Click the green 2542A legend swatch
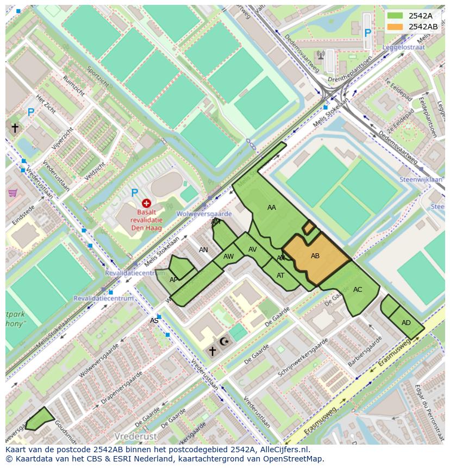[x=396, y=16]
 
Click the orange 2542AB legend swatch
[x=396, y=27]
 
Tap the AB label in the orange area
[x=315, y=256]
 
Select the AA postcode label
[x=272, y=208]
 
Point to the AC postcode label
[x=358, y=290]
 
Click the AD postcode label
[x=406, y=323]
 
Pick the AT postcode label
[x=280, y=276]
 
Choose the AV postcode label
[x=253, y=249]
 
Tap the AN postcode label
[x=203, y=250]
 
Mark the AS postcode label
[x=154, y=321]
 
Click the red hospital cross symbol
[x=146, y=203]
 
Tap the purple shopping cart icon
[x=12, y=193]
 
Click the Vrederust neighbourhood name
[x=136, y=436]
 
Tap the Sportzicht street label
[x=97, y=79]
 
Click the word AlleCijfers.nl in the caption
[x=282, y=450]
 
